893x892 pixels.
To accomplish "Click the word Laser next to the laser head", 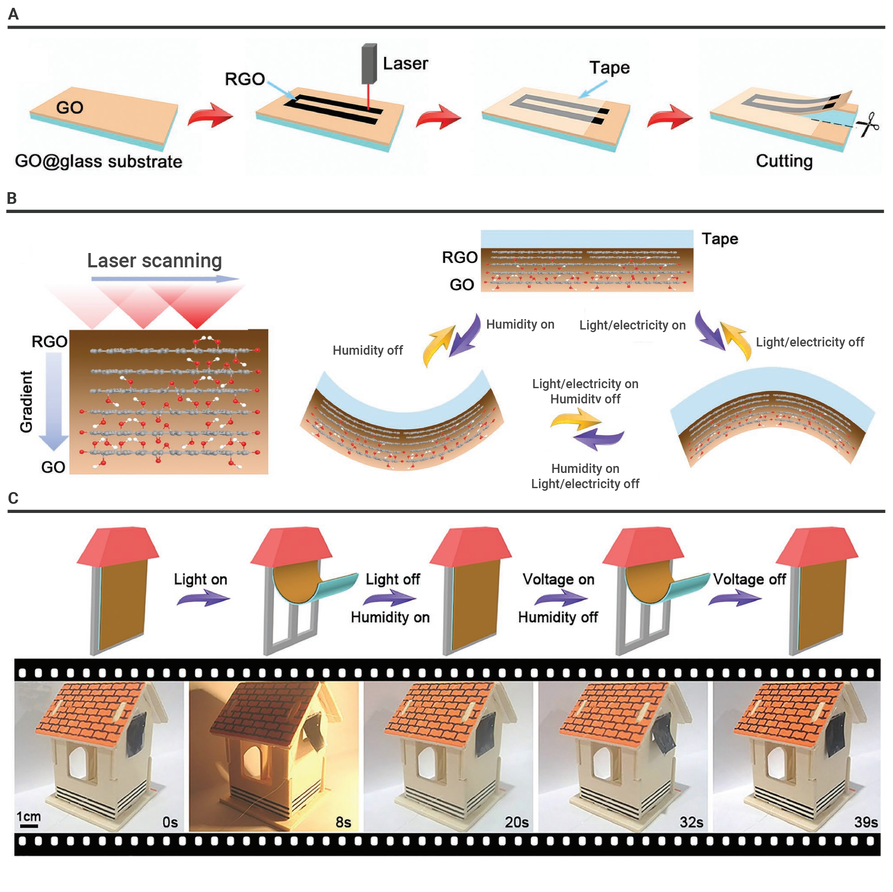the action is tap(405, 63).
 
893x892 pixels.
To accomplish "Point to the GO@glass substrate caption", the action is tap(99, 161).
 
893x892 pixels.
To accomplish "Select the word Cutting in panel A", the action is tap(784, 161).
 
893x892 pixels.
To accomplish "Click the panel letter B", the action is tap(12, 198).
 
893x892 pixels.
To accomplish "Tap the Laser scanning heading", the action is tap(154, 261).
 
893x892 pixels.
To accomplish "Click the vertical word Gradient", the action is tap(26, 402).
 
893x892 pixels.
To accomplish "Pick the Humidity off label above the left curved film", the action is tap(367, 350).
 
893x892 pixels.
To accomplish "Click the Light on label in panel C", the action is tap(201, 579).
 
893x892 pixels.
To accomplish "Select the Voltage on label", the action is tap(559, 579).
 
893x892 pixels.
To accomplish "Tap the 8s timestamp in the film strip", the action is tap(343, 822).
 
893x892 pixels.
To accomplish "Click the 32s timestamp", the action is tap(691, 822).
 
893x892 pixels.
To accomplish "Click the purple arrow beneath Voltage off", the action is tap(735, 599).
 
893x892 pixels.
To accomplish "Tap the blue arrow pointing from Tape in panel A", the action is tap(593, 89).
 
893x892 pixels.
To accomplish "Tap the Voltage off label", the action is tap(749, 579).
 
